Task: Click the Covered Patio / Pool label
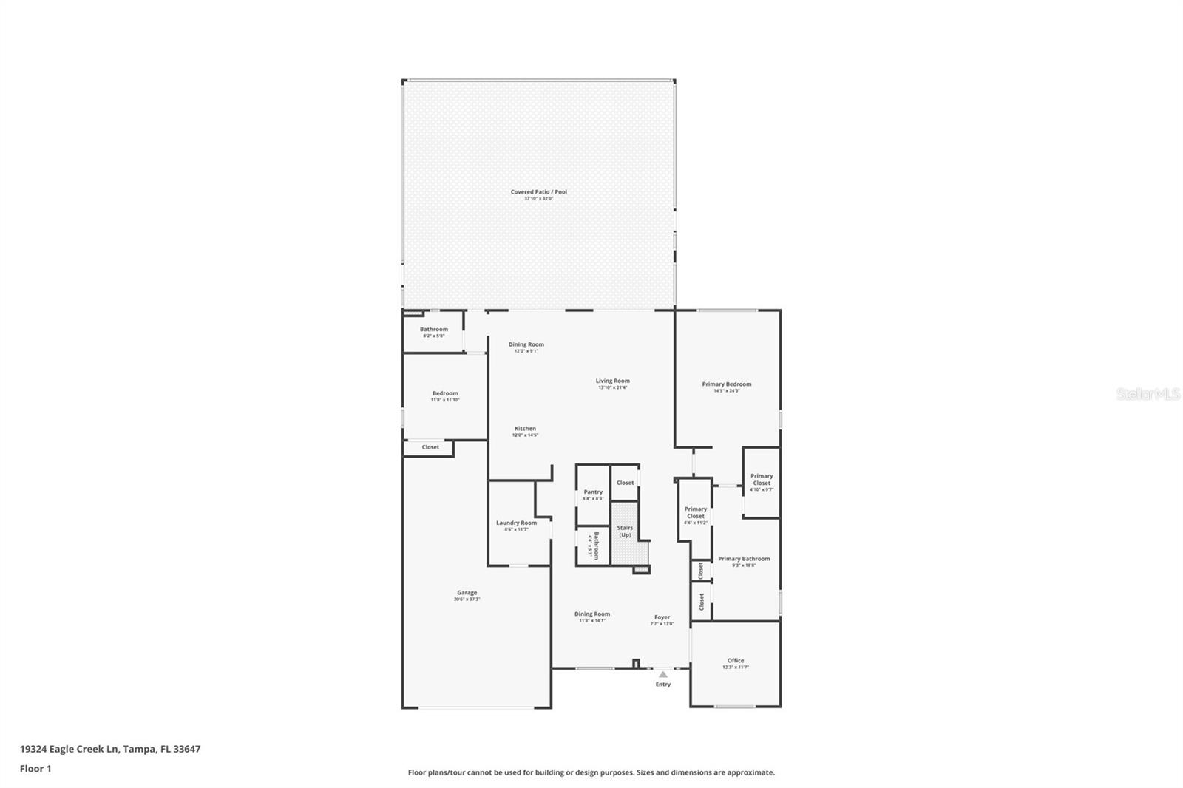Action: coord(538,192)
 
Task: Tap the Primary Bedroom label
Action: coord(726,384)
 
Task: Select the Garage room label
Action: coord(467,593)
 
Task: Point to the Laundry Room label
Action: coord(516,523)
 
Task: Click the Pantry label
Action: coord(593,492)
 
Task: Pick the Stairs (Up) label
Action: coord(625,531)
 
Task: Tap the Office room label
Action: coord(735,661)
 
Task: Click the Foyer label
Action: coord(662,617)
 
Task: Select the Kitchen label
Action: coord(525,429)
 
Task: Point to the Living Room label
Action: coord(612,381)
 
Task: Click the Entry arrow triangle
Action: coord(663,674)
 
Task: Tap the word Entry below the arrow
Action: coord(663,685)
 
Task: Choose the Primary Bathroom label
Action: coord(744,560)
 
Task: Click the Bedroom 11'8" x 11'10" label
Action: coord(445,394)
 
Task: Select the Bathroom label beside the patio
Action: coord(434,330)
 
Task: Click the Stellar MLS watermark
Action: coord(1148,395)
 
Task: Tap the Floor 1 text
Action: coord(35,769)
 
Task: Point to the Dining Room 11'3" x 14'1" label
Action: coord(592,614)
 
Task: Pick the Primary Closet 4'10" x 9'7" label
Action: coord(762,480)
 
